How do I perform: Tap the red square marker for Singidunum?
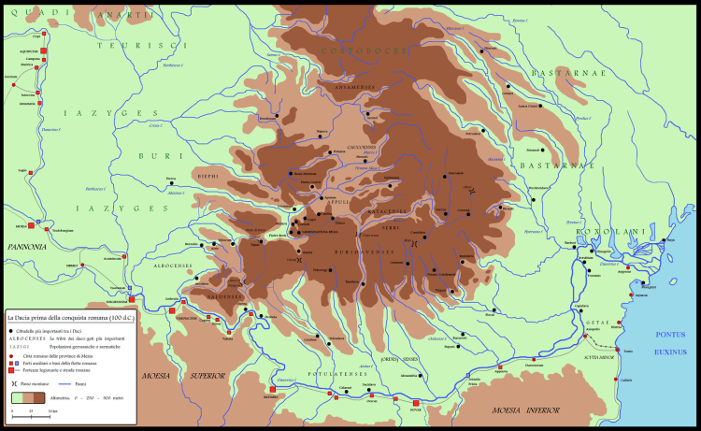coord(133,300)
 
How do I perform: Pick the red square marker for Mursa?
coord(31,226)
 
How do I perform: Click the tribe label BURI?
coord(152,155)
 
